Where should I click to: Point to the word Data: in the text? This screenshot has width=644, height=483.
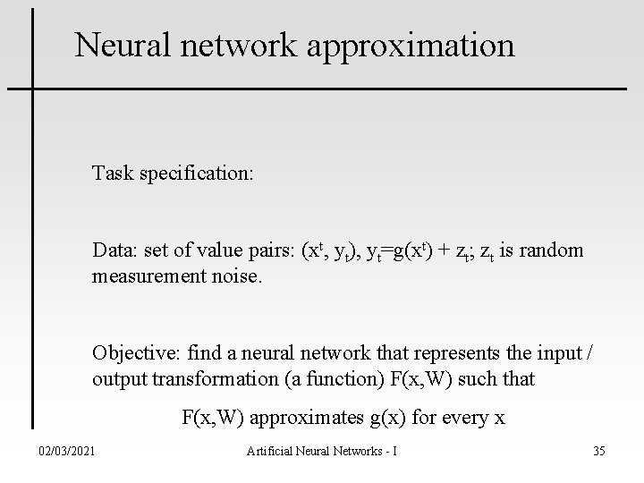(112, 251)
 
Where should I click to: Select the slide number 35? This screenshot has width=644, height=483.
(598, 450)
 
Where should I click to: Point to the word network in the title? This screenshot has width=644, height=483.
(233, 45)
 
